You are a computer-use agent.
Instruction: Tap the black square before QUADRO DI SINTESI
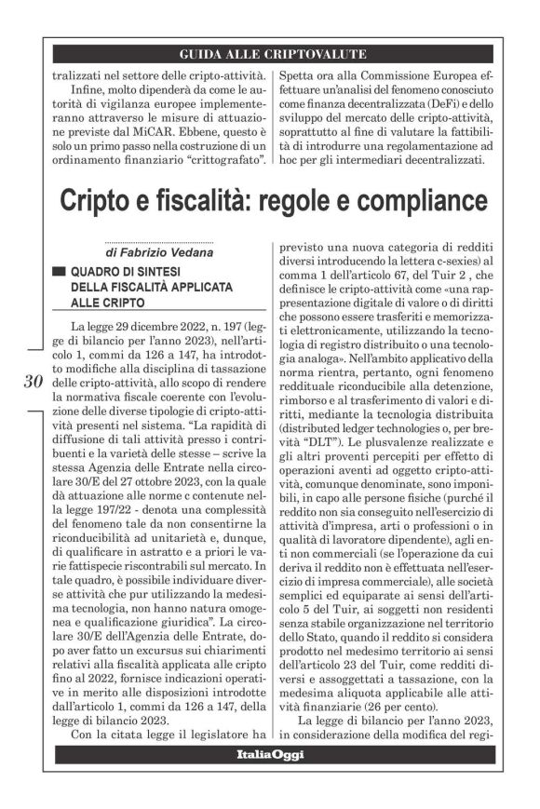59,272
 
